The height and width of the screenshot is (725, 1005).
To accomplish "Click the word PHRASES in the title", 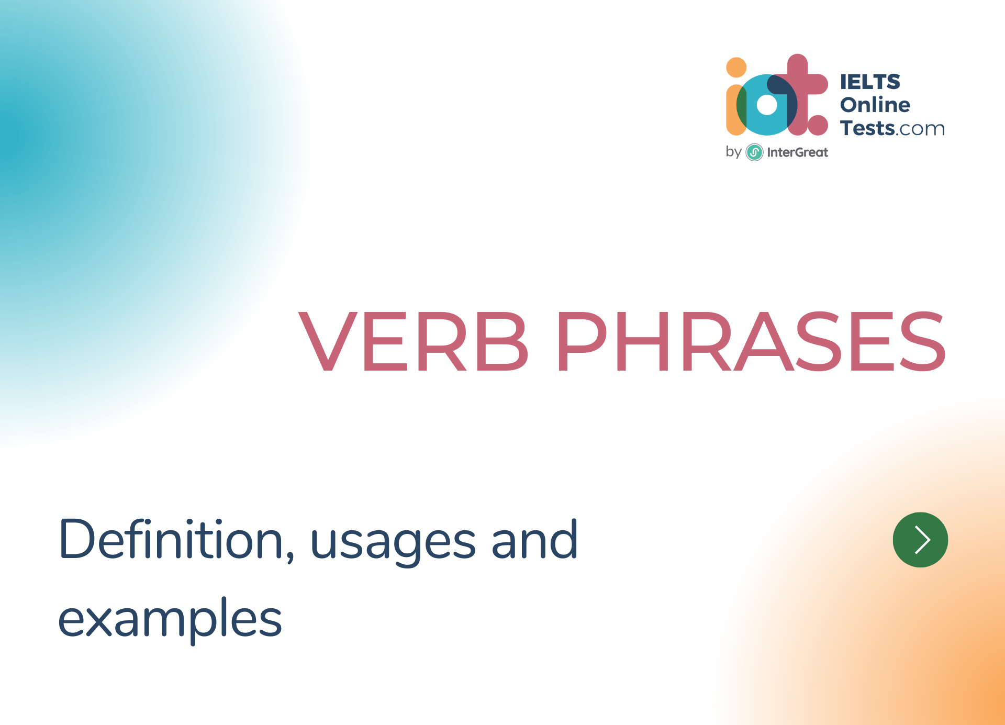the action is pos(751,341).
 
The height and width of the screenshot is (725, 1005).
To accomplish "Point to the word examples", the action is pos(170,621).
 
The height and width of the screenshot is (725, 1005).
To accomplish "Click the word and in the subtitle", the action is pos(534,539).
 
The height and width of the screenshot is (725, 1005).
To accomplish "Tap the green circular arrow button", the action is pos(920,540).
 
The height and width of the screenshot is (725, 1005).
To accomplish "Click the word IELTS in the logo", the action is pos(870,82).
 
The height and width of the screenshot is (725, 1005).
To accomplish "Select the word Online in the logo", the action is pos(875,105).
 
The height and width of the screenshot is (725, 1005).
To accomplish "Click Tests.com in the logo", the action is pos(892,128).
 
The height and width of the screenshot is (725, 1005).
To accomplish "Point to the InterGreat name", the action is pos(797,152).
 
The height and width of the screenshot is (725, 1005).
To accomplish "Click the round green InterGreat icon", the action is pos(754,152).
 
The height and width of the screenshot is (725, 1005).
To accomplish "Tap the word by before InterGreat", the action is pos(733,152).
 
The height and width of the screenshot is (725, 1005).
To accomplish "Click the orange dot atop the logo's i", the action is pos(736,68).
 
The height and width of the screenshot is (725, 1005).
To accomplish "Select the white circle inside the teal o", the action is pos(767,105).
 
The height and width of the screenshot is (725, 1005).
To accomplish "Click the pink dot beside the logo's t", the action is pos(818,125).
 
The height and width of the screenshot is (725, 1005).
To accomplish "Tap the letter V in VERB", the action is pos(328,341).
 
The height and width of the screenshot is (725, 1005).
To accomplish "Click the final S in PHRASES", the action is pos(922,341).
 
